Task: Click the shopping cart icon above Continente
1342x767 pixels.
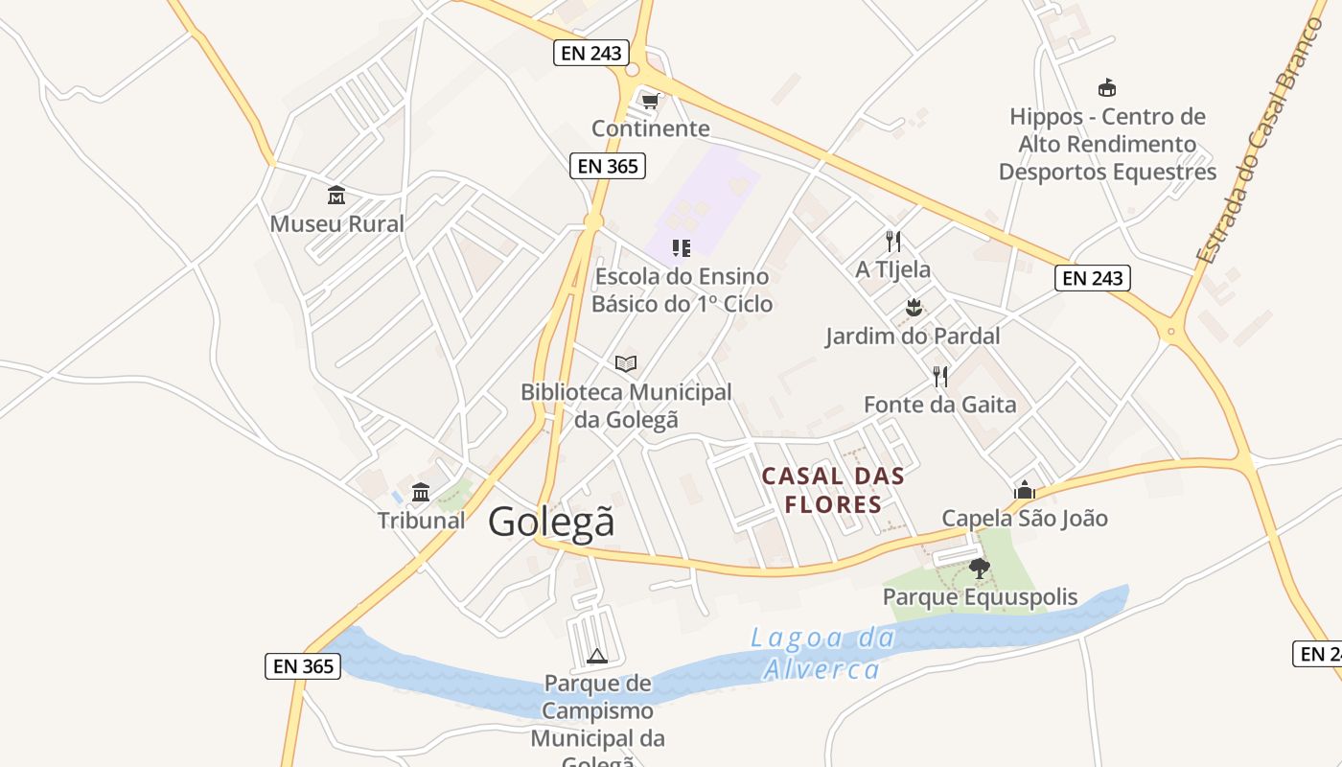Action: coord(651,101)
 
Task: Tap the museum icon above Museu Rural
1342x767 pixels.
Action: coord(336,196)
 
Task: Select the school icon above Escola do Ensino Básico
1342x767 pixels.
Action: coord(682,248)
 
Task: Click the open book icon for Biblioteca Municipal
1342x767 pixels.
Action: coord(626,363)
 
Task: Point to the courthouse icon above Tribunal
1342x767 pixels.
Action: coord(421,493)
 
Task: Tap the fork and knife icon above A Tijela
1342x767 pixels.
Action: coord(893,241)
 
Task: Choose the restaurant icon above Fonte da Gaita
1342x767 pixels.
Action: coord(940,376)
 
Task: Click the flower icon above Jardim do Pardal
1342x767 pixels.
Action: coord(913,308)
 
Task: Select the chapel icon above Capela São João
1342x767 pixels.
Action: coord(1025,490)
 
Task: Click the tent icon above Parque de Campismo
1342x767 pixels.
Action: coord(597,657)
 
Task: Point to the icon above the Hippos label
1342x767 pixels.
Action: coord(1107,88)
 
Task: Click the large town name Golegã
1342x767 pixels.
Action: coord(551,523)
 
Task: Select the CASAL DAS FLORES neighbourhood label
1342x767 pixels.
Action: coord(833,490)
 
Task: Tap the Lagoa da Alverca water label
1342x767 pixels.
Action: coord(821,653)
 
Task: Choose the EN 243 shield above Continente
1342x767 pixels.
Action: coord(591,53)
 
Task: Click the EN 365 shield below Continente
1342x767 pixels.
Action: coord(608,166)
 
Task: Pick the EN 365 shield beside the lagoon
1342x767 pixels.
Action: coord(303,665)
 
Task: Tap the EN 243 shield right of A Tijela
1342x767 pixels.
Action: coord(1093,278)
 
